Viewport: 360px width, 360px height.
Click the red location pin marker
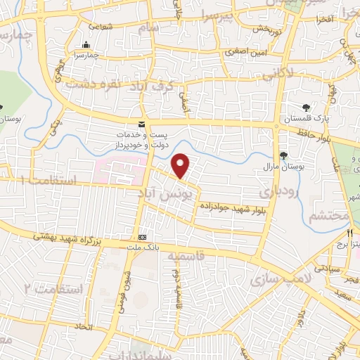tap(181, 166)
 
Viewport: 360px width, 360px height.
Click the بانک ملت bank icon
tap(143, 237)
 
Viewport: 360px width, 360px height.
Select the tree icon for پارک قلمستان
tap(306, 108)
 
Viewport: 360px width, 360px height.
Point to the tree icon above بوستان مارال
tap(284, 155)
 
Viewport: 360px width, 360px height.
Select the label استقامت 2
tap(53, 288)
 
